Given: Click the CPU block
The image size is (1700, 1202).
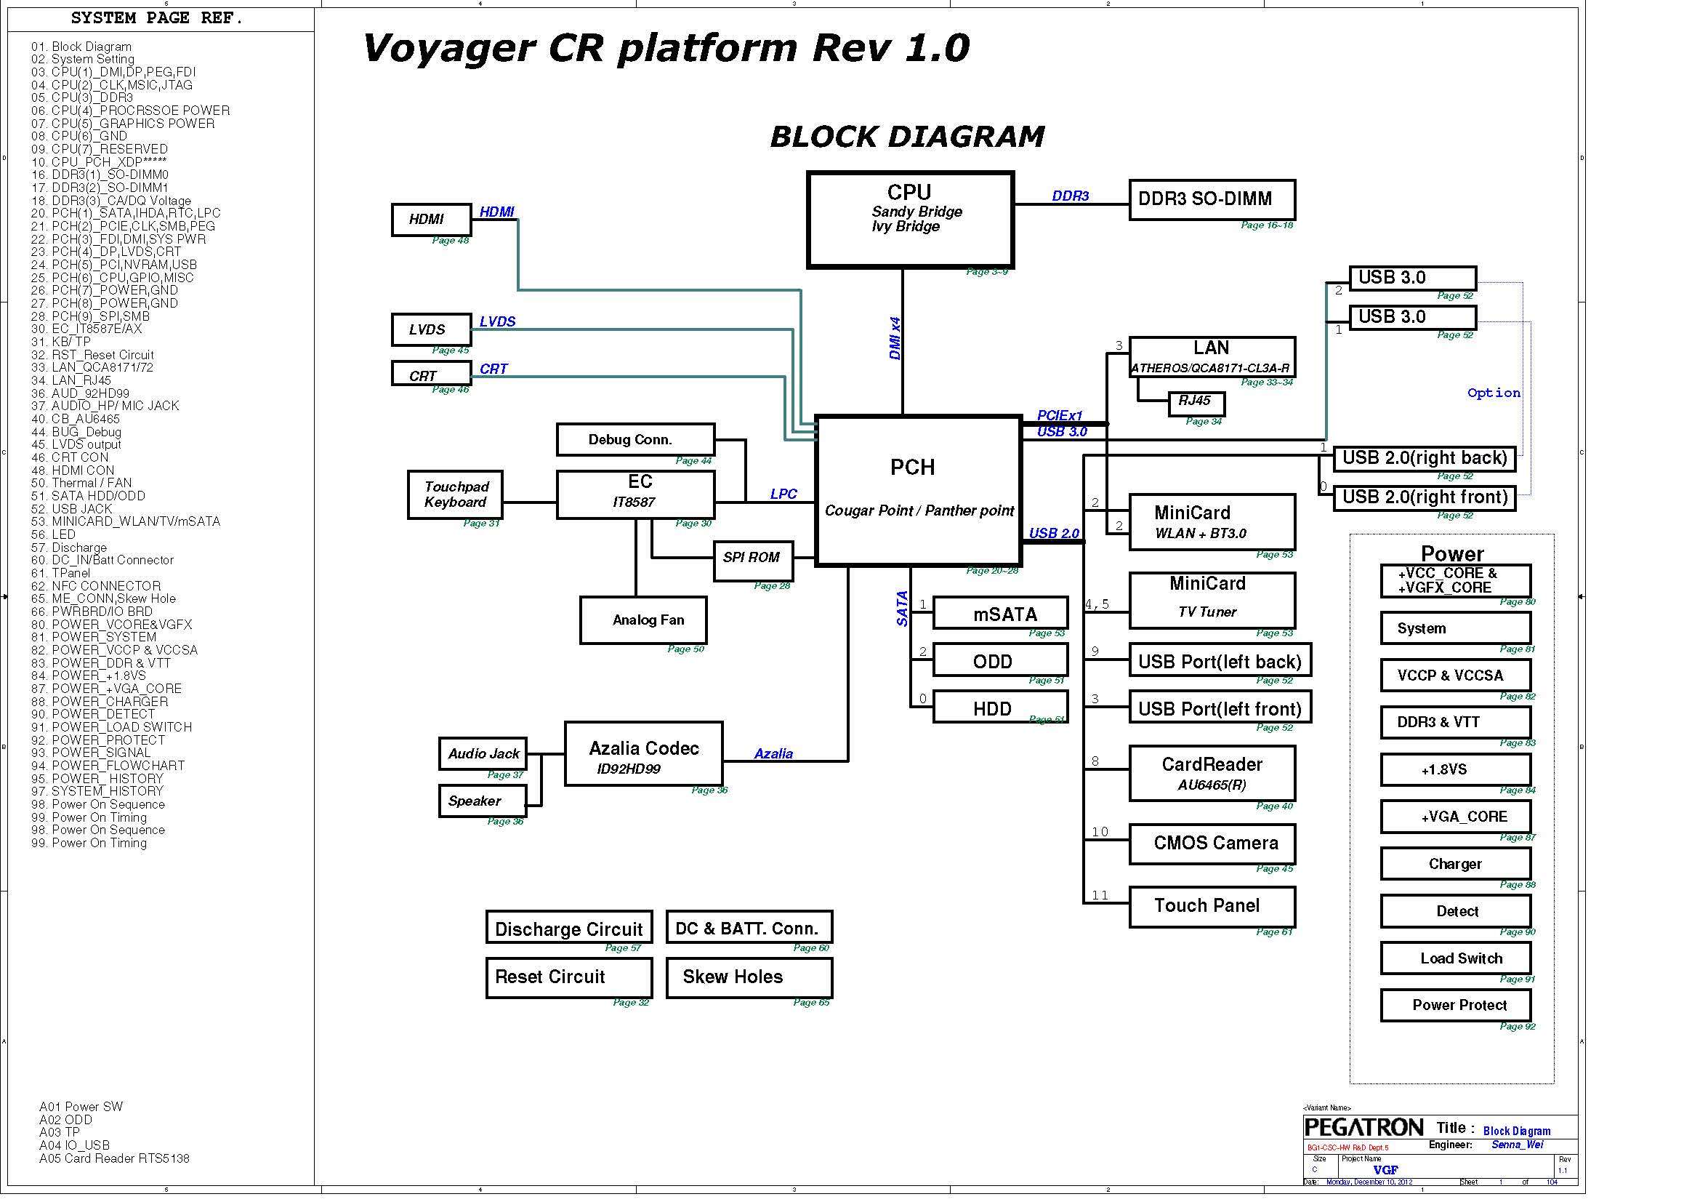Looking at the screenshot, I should tap(910, 220).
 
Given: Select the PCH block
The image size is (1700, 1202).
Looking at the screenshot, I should tap(918, 491).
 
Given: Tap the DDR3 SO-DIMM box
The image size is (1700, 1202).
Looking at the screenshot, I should tap(1212, 200).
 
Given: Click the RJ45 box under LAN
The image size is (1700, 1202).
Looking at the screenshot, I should tap(1196, 403).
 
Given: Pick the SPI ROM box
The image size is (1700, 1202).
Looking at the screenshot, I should tap(752, 561).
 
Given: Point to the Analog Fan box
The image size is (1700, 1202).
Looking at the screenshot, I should tap(642, 620).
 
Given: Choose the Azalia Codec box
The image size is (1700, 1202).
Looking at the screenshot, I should tap(643, 754).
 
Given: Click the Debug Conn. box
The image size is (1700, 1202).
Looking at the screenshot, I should tap(635, 440).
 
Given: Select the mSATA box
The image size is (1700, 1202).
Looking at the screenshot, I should tap(1000, 613).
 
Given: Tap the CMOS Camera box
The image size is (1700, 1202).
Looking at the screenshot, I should tap(1212, 844).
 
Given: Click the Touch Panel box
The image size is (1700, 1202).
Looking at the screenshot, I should tap(1212, 907).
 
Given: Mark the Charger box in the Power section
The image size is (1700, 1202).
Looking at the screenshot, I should tap(1455, 865).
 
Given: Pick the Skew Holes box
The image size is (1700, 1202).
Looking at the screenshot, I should tap(749, 977).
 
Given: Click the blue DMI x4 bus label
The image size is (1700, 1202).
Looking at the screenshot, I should tap(895, 338).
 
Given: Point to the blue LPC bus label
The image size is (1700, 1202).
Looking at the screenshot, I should tap(783, 494).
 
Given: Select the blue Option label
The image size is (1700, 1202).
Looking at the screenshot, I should tap(1494, 393).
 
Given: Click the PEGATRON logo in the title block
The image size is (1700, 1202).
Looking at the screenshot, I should tap(1363, 1127).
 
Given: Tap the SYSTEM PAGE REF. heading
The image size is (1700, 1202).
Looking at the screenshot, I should tap(156, 17).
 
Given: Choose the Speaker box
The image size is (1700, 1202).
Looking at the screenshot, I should tap(483, 801).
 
